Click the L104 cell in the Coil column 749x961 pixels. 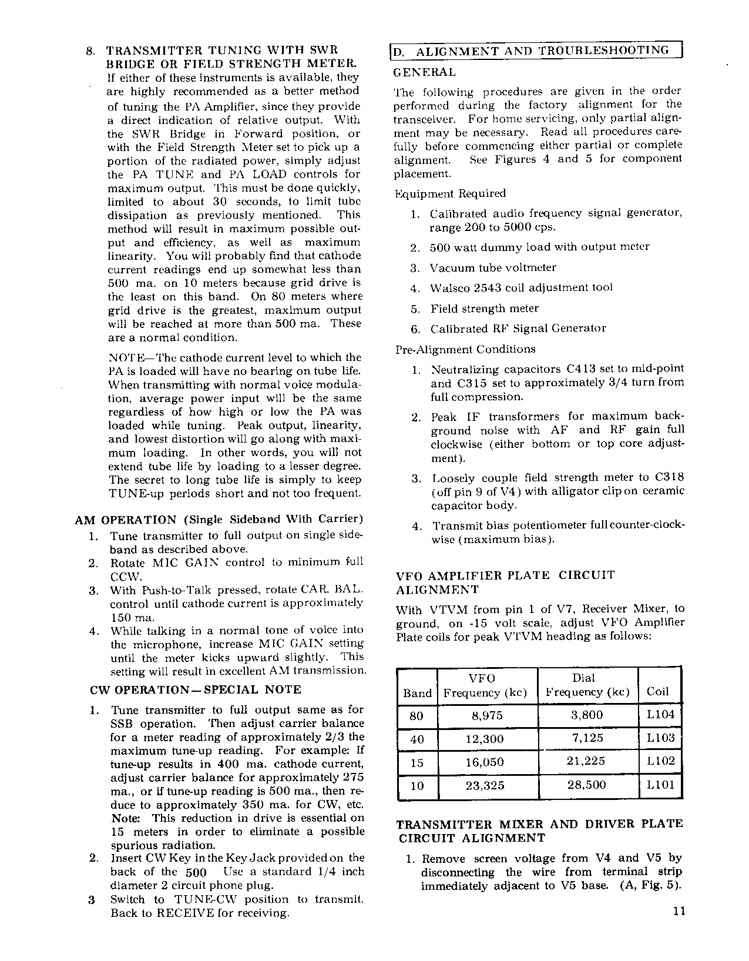661,715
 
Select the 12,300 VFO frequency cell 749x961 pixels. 484,739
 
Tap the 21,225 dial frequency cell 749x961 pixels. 586,761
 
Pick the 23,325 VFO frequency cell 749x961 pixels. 485,785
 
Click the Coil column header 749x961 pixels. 657,692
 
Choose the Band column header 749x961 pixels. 417,693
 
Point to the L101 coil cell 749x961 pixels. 661,785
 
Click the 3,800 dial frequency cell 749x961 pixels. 587,715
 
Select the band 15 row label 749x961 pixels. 417,762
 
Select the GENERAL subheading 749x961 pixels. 424,73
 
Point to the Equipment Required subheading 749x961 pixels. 450,193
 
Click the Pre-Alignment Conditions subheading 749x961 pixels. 465,349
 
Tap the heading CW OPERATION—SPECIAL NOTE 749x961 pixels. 196,689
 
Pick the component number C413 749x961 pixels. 581,369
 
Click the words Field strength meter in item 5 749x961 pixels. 484,309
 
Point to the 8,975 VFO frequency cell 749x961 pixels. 484,715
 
